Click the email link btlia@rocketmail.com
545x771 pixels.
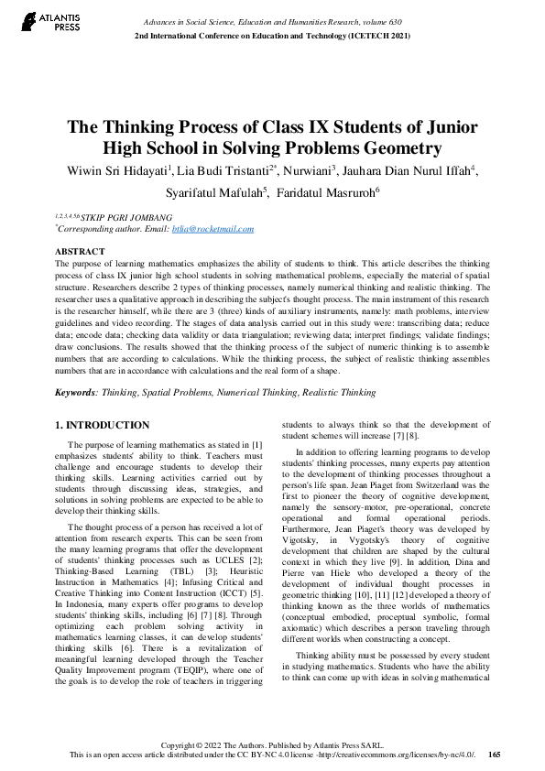click(x=213, y=229)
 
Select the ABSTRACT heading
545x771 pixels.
click(x=80, y=250)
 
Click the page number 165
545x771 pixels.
click(x=495, y=755)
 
